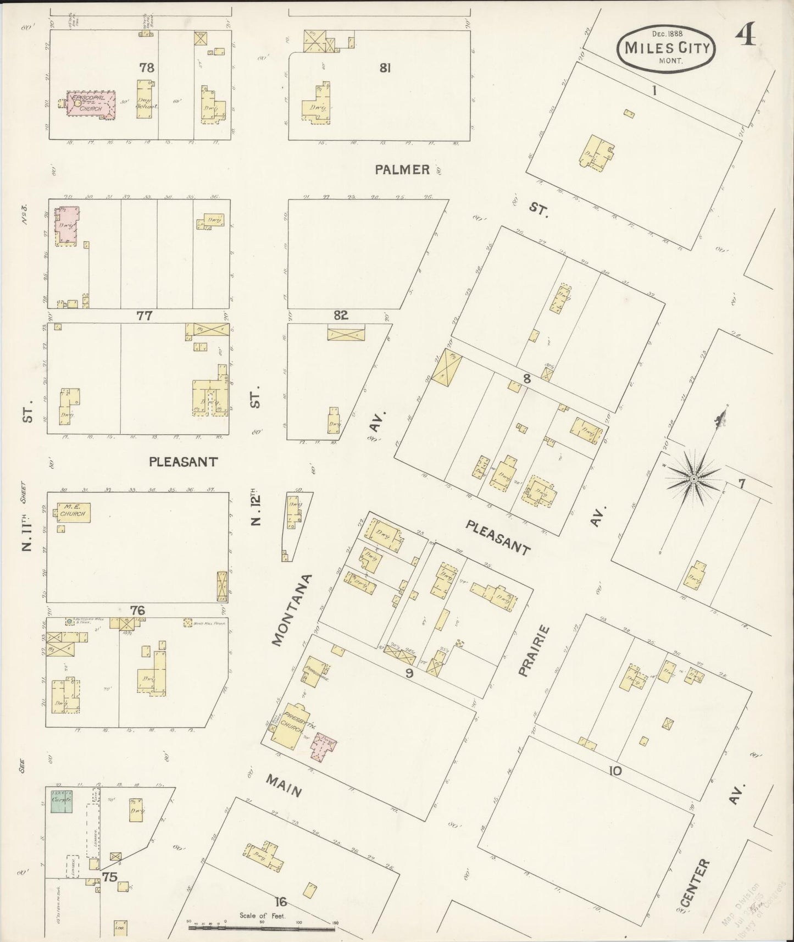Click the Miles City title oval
pos(667,48)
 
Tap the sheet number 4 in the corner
pos(746,37)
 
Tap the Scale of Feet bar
pos(262,928)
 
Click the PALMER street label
pos(402,170)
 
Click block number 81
pos(385,68)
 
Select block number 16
pos(281,901)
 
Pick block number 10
pos(615,771)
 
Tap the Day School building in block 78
pos(147,101)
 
